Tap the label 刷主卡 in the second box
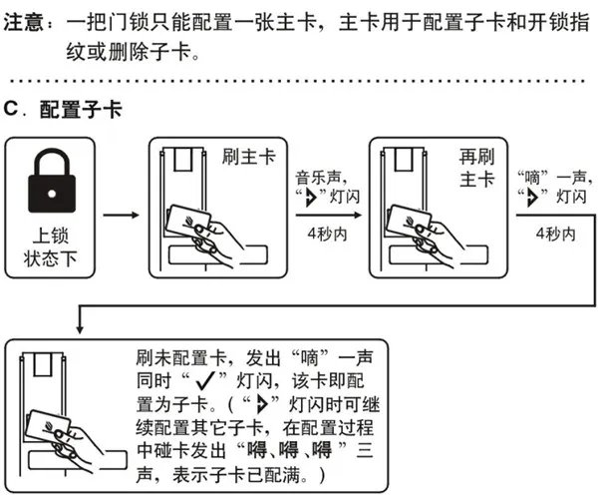pyautogui.click(x=246, y=157)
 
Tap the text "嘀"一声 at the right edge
pyautogui.click(x=554, y=176)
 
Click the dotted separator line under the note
pyautogui.click(x=299, y=81)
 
